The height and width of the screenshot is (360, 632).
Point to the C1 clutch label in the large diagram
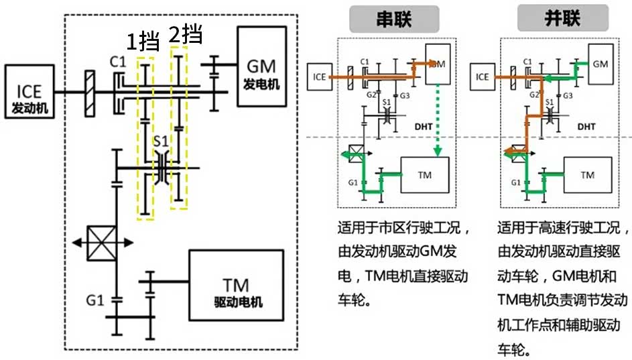tap(118, 62)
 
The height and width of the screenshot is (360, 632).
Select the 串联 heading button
tap(393, 19)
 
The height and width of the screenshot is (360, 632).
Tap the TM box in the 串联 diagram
tap(424, 174)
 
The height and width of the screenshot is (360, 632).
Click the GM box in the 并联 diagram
tap(601, 64)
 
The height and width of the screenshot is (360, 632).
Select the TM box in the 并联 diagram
tap(587, 175)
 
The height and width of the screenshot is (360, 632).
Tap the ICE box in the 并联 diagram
tap(483, 76)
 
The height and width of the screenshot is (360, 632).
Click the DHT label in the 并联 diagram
tap(585, 126)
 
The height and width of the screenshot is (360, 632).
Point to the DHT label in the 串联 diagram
tap(422, 126)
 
